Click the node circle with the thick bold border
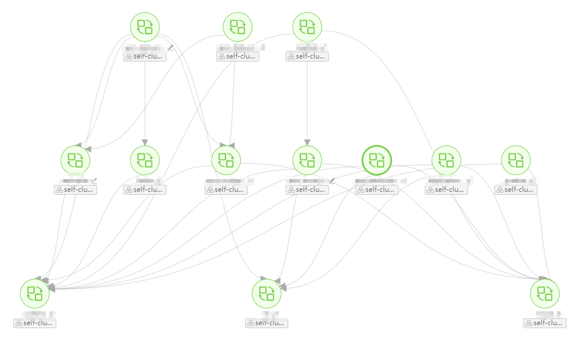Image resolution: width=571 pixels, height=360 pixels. point(377,160)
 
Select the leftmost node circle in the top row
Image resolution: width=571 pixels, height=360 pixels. point(145,27)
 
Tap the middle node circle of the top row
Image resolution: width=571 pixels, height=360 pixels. point(238,27)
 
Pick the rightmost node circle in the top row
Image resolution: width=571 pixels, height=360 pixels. point(307,27)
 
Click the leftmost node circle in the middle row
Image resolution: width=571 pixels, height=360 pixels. point(75,160)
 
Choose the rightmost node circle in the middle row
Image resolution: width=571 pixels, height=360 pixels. point(516,160)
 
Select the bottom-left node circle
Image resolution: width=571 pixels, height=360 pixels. point(35,293)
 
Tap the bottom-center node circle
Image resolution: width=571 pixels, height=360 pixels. point(267,293)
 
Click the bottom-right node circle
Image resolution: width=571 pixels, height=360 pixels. point(545,293)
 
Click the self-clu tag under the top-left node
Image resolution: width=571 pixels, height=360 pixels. point(145,57)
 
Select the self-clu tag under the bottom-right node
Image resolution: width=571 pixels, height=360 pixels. point(545,323)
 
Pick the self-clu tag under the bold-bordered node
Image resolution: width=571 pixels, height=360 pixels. point(377,190)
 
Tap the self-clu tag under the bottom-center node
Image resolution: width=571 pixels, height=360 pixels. point(267,323)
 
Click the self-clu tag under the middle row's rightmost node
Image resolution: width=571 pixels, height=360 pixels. point(516,190)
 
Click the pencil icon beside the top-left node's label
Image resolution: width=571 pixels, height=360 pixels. point(170,48)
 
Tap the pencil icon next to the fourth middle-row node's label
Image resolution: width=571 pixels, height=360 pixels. point(332,180)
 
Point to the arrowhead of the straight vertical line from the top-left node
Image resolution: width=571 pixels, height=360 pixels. point(145,142)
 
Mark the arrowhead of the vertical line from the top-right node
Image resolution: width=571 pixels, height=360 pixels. point(307,142)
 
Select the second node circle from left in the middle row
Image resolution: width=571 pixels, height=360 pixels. point(145,160)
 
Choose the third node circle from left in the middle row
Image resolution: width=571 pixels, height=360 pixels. point(226,160)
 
